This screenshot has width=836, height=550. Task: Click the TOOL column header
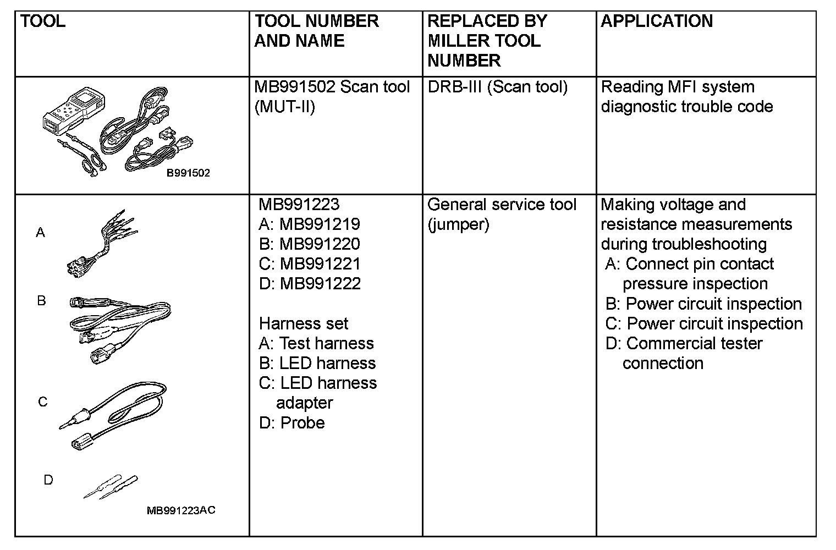point(43,21)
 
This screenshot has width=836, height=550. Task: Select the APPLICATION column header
point(657,21)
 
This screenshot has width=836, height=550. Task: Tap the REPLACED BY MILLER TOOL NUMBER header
point(487,41)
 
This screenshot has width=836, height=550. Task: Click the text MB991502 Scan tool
point(332,87)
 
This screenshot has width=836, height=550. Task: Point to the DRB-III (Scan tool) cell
point(497,87)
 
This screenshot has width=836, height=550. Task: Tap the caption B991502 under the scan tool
point(188,173)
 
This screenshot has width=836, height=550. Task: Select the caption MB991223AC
point(181,510)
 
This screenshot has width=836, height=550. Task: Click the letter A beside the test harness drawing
point(40,233)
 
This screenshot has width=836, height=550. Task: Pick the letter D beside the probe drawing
point(48,480)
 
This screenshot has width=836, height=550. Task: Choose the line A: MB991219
point(309,224)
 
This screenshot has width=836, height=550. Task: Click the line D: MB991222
point(310,284)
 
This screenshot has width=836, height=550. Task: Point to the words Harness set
point(303,323)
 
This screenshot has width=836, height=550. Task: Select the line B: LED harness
point(317,363)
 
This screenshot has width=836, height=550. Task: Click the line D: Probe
point(291,422)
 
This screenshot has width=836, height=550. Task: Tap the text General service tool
point(502,205)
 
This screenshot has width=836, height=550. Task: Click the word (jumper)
point(458,224)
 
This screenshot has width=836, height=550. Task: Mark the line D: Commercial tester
point(684,344)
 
